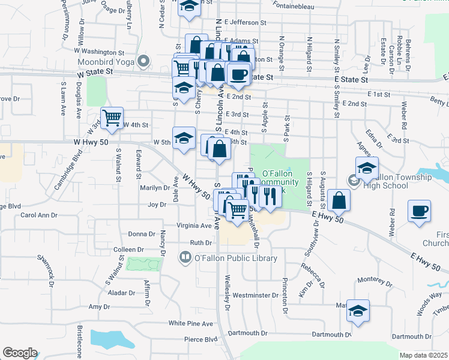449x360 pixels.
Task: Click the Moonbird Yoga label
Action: point(106,61)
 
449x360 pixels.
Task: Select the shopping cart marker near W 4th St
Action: point(112,118)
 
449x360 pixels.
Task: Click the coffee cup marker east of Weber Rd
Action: point(419,211)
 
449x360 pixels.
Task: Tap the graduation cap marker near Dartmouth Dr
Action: point(358,311)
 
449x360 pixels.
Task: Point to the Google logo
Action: point(20,353)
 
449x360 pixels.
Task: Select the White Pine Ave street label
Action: point(191,323)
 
